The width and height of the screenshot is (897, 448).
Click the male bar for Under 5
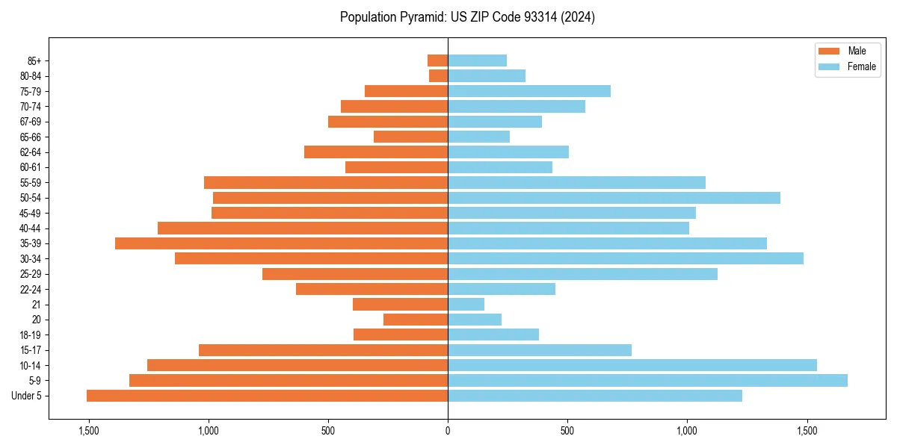coord(267,396)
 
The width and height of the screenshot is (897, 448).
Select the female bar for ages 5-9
coord(647,380)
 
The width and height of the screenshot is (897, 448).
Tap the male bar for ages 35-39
coord(281,243)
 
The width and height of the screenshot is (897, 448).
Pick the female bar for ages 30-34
coord(626,258)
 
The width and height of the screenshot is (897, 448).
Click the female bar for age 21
coord(466,304)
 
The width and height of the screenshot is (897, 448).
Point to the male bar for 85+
coord(437,60)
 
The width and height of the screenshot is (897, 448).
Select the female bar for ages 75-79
coord(529,91)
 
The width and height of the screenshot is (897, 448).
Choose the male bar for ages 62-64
coord(376,152)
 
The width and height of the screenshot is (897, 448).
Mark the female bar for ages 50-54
coord(614,198)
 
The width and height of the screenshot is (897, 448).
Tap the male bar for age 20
coord(416,320)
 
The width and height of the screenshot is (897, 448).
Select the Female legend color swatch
coord(829,66)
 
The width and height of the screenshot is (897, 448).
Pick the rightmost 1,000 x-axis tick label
coord(687,431)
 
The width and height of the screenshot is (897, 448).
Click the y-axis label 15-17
coord(30,350)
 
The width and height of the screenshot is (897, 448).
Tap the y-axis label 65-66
coord(30,137)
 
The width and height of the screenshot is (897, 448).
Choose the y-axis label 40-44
coord(30,228)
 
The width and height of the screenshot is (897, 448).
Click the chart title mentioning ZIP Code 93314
coord(467,17)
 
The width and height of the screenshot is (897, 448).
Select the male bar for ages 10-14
coord(298,365)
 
